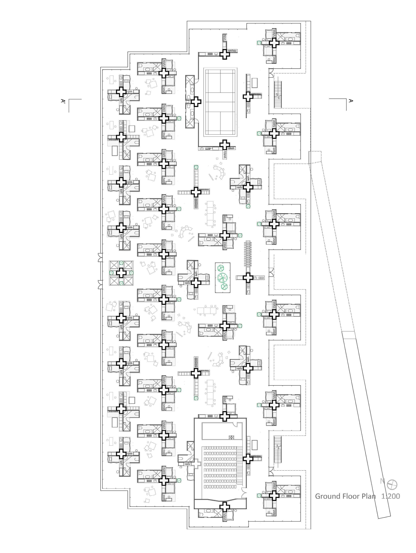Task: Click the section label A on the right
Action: pos(351,101)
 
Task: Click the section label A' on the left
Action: pos(63,101)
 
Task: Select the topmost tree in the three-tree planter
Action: pos(220,268)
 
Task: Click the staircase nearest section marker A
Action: pos(278,95)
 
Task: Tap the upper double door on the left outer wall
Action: pos(100,257)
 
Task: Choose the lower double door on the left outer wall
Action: pos(100,285)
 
